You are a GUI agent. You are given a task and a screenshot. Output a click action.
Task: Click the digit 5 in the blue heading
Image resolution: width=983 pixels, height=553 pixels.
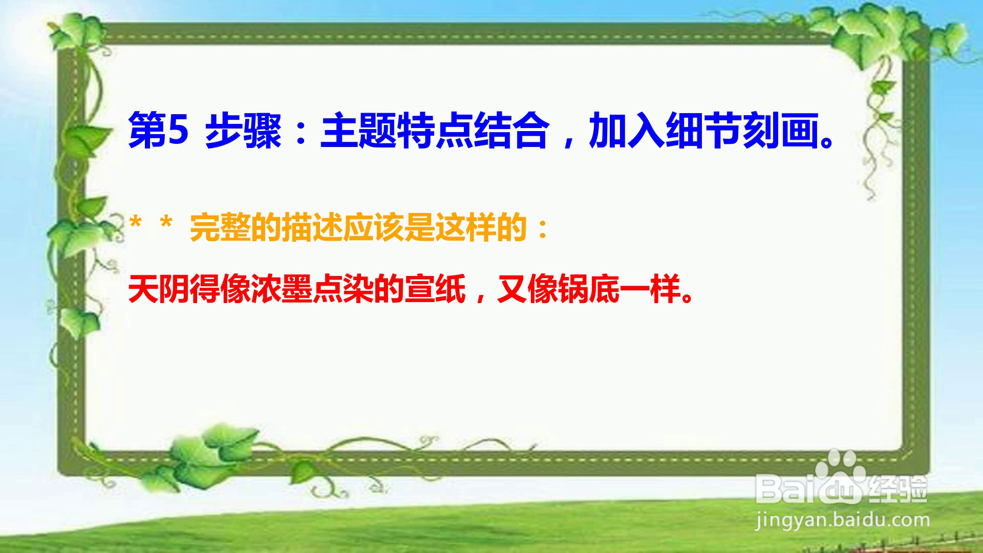coord(178,131)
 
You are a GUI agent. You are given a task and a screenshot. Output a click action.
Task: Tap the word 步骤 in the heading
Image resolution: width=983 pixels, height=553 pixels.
coord(244,131)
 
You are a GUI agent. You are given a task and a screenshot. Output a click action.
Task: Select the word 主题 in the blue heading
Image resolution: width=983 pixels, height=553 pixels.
coord(359,131)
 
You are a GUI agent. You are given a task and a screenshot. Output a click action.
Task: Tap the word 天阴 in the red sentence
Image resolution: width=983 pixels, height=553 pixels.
coord(159,289)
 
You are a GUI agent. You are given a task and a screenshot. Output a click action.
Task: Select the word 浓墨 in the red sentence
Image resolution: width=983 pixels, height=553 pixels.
coord(282,289)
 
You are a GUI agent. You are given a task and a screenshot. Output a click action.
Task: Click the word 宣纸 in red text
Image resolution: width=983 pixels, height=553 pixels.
coord(435,289)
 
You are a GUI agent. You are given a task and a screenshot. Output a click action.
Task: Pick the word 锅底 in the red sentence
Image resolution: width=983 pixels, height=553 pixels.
coord(589,289)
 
